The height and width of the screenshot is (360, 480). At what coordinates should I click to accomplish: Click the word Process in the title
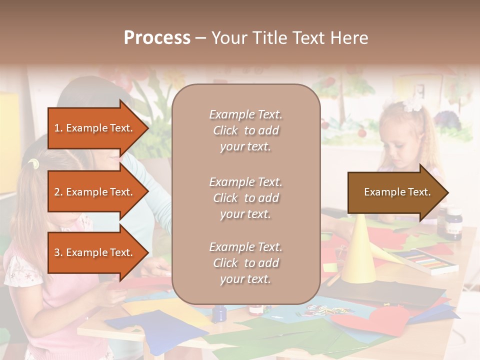tap(157, 38)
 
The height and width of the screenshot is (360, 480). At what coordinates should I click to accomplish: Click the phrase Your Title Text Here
tap(289, 38)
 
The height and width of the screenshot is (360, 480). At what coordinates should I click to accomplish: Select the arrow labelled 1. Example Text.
tap(95, 128)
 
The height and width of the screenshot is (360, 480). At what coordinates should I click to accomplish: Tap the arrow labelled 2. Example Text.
tap(95, 192)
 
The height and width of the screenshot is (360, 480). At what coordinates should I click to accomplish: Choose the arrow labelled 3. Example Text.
tap(95, 252)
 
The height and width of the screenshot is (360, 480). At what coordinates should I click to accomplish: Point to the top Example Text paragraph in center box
tap(245, 130)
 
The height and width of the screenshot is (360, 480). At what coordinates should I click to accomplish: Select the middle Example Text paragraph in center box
tap(245, 198)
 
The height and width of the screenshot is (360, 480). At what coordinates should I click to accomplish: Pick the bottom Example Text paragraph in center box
tap(245, 263)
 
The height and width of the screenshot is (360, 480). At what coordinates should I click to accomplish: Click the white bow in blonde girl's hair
tap(413, 103)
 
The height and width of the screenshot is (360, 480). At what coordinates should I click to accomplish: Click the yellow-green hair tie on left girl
tap(33, 163)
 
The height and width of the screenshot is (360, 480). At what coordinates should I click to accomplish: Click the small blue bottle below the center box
tap(218, 313)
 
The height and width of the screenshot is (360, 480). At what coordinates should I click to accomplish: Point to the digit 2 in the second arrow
tap(57, 192)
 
